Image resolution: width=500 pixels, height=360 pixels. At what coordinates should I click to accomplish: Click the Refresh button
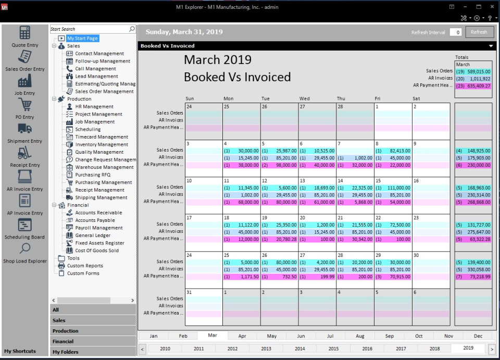479,32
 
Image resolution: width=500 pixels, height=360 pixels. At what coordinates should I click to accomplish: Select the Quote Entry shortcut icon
24,33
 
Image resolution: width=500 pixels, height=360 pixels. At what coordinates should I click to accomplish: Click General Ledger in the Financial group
93,235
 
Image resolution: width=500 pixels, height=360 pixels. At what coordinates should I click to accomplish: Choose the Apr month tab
242,336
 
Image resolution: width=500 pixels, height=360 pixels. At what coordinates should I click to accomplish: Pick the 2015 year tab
333,349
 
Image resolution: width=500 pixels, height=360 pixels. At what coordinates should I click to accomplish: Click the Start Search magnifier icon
132,29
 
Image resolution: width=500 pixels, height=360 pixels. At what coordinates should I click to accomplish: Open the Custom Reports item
85,266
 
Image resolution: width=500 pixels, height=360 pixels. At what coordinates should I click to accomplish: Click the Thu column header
341,98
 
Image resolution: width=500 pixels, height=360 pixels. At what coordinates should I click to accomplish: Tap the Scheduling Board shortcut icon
24,225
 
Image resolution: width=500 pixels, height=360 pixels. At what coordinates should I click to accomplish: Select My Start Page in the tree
82,39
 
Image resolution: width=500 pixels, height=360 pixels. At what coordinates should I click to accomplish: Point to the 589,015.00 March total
477,71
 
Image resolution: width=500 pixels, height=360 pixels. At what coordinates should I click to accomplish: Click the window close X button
492,7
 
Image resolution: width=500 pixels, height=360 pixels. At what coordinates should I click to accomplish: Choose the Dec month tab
478,336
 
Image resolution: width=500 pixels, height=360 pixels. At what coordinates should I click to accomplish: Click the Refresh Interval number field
456,32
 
